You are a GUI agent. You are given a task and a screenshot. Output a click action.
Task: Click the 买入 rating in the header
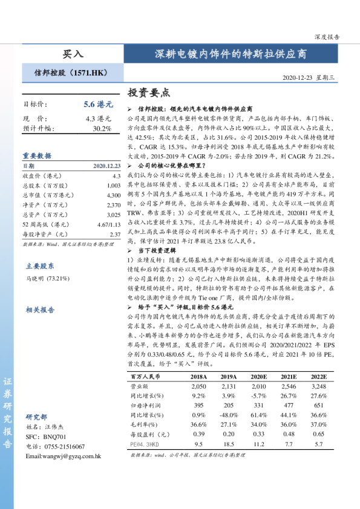click(73, 54)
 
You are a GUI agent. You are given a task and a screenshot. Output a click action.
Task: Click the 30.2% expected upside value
click(102, 129)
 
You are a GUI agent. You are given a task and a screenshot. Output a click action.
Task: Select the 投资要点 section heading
click(149, 93)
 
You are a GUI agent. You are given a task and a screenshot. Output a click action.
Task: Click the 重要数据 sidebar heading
click(37, 155)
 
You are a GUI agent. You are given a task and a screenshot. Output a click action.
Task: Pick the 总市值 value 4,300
click(113, 195)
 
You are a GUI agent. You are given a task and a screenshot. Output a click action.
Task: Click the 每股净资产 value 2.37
click(115, 234)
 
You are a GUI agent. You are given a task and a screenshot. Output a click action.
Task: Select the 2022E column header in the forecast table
click(318, 376)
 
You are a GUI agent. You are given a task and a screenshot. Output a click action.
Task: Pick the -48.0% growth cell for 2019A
click(227, 415)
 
